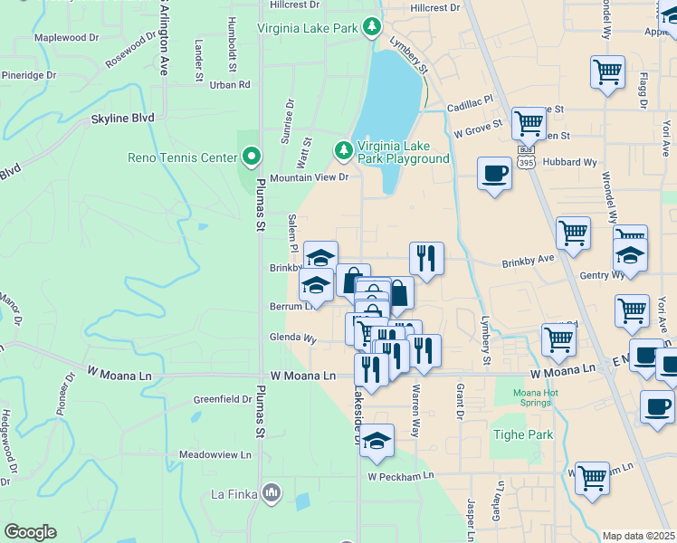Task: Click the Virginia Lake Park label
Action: coord(308,28)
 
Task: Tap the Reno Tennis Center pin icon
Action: coord(252,158)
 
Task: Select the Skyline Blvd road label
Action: coord(122,119)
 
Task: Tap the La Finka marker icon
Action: coord(271,492)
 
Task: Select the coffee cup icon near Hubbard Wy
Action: coord(494,174)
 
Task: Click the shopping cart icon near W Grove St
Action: coord(528,123)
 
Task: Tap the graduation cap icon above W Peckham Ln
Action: coord(377,442)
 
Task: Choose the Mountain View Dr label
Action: coord(309,177)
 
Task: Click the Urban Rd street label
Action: coord(229,85)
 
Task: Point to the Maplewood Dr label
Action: coord(66,38)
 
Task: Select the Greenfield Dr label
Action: coord(223,399)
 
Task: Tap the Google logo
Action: coord(30,532)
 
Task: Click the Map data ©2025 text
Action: coord(638,536)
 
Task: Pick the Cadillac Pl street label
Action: coord(470,107)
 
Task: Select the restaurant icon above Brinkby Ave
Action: coord(426,259)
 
